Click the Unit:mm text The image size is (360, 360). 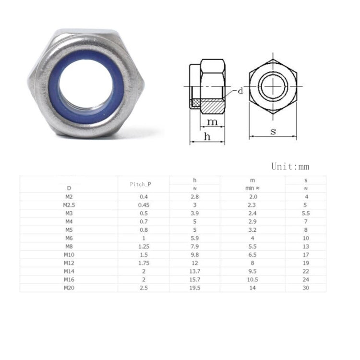coord(290,167)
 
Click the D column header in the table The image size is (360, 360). coord(69,188)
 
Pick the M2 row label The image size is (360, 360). coord(69,197)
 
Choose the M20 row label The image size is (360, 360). coord(69,288)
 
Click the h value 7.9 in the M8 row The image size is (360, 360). coord(194,246)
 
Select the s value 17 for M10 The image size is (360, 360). coord(306,254)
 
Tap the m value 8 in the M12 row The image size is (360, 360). coord(252,263)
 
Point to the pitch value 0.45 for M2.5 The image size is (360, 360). coord(143,205)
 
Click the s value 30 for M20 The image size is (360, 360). coord(306,288)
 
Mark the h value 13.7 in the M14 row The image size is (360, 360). coord(194,271)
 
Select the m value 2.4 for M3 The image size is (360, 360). coord(252,213)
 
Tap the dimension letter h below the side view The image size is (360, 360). coord(207,136)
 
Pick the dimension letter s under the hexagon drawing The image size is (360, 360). coord(273,131)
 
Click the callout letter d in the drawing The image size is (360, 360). coord(240,90)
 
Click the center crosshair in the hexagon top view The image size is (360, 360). coord(273,86)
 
